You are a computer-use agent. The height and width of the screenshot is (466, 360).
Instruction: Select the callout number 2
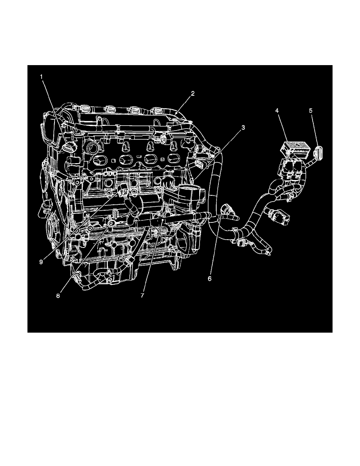tap(193, 93)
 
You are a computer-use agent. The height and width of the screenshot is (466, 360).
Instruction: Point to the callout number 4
tap(277, 111)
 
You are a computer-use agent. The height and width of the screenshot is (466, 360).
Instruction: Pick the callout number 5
tap(311, 111)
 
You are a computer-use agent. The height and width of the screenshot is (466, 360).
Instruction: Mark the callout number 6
tap(209, 279)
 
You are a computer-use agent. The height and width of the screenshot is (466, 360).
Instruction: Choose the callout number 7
tap(143, 295)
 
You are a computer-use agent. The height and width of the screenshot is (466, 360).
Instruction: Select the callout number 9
tap(41, 262)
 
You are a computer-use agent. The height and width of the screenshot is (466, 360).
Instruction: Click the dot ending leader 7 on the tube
tap(162, 222)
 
